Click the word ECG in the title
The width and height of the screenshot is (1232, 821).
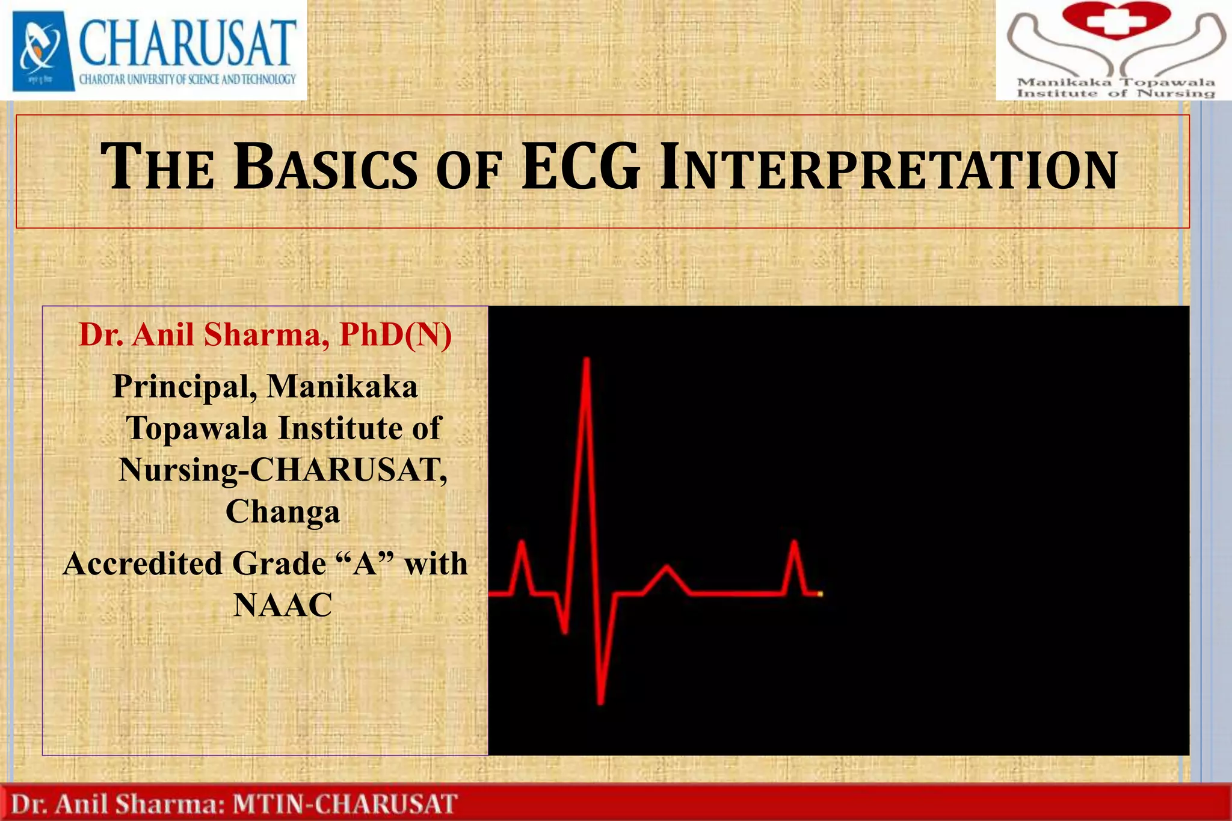pos(581,167)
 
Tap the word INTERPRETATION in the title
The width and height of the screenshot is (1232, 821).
pos(889,170)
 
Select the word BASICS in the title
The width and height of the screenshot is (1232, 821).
pos(325,168)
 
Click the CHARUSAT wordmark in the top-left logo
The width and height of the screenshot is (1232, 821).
pos(187,43)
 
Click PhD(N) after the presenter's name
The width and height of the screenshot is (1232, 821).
pos(395,334)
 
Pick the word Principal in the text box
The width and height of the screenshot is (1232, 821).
pos(181,387)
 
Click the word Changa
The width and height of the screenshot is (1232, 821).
pos(283,512)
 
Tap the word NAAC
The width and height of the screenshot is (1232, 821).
pos(283,605)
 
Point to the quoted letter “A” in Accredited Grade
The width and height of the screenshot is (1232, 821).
pos(364,564)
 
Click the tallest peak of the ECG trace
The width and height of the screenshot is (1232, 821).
pos(586,361)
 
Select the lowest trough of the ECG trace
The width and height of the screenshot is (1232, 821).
pos(600,701)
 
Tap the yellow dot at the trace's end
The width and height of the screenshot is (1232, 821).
pos(820,594)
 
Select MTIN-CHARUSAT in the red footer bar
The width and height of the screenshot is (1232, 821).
pos(345,804)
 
